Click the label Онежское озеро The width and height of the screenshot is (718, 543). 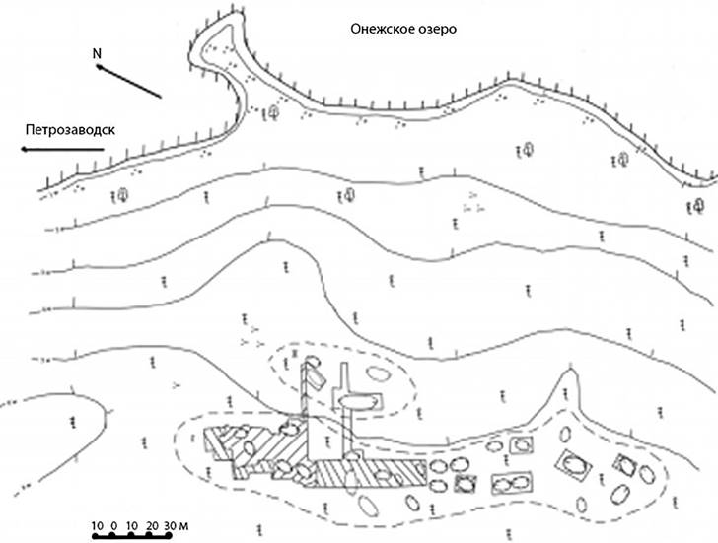tap(404, 29)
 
